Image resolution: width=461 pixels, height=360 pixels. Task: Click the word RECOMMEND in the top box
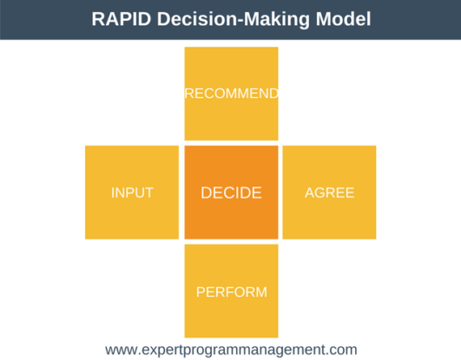pyautogui.click(x=231, y=94)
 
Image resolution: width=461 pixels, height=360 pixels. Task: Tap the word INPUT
pyautogui.click(x=132, y=193)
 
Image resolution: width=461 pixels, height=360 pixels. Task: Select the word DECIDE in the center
pyautogui.click(x=231, y=193)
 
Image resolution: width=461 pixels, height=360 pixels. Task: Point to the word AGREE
pyautogui.click(x=330, y=193)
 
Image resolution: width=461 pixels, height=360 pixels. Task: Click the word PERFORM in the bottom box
pyautogui.click(x=231, y=291)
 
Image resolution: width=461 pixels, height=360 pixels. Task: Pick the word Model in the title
pyautogui.click(x=342, y=19)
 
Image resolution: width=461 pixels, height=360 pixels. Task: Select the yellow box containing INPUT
pyautogui.click(x=132, y=217)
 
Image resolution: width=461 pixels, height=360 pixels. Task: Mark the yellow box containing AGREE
pyautogui.click(x=330, y=217)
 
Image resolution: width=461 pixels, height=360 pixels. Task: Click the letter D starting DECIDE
pyautogui.click(x=206, y=193)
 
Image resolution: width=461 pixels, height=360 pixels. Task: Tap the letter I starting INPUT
pyautogui.click(x=113, y=193)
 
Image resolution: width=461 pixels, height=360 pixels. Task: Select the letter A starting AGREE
pyautogui.click(x=310, y=193)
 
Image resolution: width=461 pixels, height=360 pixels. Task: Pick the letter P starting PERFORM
pyautogui.click(x=201, y=291)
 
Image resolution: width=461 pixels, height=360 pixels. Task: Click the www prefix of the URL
pyautogui.click(x=121, y=349)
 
